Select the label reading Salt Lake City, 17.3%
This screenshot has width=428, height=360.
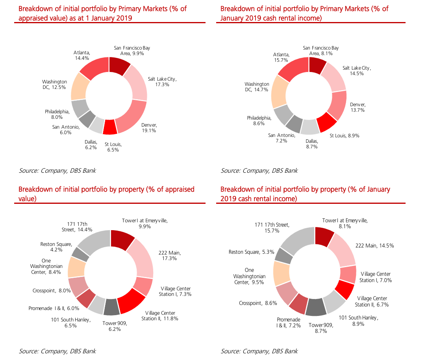point(162,82)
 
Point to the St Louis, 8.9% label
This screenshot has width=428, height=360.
point(344,135)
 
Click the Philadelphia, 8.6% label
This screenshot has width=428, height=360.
point(259,120)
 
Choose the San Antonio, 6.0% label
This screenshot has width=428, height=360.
point(66,130)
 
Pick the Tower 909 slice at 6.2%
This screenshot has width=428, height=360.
point(111,307)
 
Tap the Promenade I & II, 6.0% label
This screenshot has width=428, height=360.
point(48,308)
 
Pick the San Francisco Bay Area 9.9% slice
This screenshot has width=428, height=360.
point(119,66)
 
